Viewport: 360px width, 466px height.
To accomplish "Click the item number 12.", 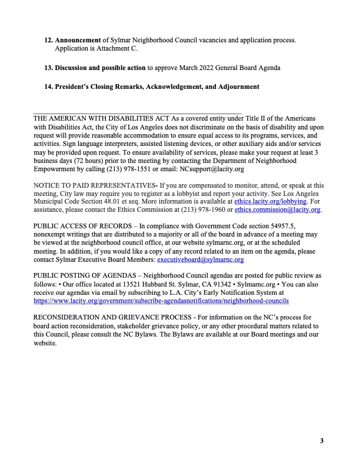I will pyautogui.click(x=49, y=41).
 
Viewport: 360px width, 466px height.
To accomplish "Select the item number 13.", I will pyautogui.click(x=49, y=68).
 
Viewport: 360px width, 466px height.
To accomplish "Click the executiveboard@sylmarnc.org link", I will pyautogui.click(x=200, y=258).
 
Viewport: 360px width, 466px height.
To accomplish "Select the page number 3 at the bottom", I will pyautogui.click(x=322, y=441).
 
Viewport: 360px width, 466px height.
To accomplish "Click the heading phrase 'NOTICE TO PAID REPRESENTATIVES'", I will pyautogui.click(x=93, y=185).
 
